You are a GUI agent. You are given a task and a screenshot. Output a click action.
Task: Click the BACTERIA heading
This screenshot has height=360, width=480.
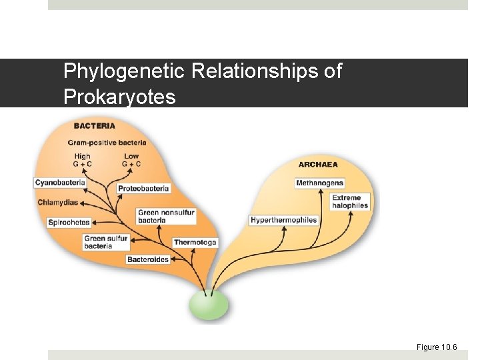coord(94,125)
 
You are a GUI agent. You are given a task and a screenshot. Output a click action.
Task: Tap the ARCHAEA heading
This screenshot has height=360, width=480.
coord(318,164)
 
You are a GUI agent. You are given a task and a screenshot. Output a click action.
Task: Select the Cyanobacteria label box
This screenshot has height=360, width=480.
coord(60,183)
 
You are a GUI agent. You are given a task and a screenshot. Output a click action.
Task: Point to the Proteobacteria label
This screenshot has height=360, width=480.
coord(143,189)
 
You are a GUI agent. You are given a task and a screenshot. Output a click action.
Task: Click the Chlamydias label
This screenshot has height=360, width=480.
coord(57,203)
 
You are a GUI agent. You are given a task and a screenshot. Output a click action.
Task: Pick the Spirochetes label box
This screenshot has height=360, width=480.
coord(69,223)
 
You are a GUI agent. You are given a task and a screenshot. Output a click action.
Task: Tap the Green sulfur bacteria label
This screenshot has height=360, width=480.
coord(106,242)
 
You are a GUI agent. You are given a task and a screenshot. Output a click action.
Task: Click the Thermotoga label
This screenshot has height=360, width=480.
coord(195,242)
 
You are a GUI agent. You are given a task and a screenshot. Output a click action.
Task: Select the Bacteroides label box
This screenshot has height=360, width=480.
coord(148,259)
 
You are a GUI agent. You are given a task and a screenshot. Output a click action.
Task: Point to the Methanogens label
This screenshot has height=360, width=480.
coord(320,183)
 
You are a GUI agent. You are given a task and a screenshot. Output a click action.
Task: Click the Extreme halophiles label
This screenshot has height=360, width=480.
coord(350,201)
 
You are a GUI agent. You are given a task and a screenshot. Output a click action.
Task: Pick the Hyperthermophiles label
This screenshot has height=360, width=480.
coord(284,220)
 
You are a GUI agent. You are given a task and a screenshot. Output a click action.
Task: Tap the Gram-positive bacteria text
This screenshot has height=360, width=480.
coord(107,142)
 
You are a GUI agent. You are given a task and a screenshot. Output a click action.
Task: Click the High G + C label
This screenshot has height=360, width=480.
coord(83,160)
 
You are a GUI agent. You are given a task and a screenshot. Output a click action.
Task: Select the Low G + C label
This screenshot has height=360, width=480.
coord(131,160)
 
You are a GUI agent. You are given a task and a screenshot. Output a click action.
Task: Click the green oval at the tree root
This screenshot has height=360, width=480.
coord(209,305)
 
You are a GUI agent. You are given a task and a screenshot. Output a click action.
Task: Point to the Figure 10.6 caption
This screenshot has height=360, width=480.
coord(437,347)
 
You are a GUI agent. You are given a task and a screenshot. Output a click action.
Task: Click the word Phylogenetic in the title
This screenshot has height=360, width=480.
coord(125,71)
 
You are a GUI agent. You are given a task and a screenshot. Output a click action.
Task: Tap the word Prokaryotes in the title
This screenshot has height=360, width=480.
coord(119,97)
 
